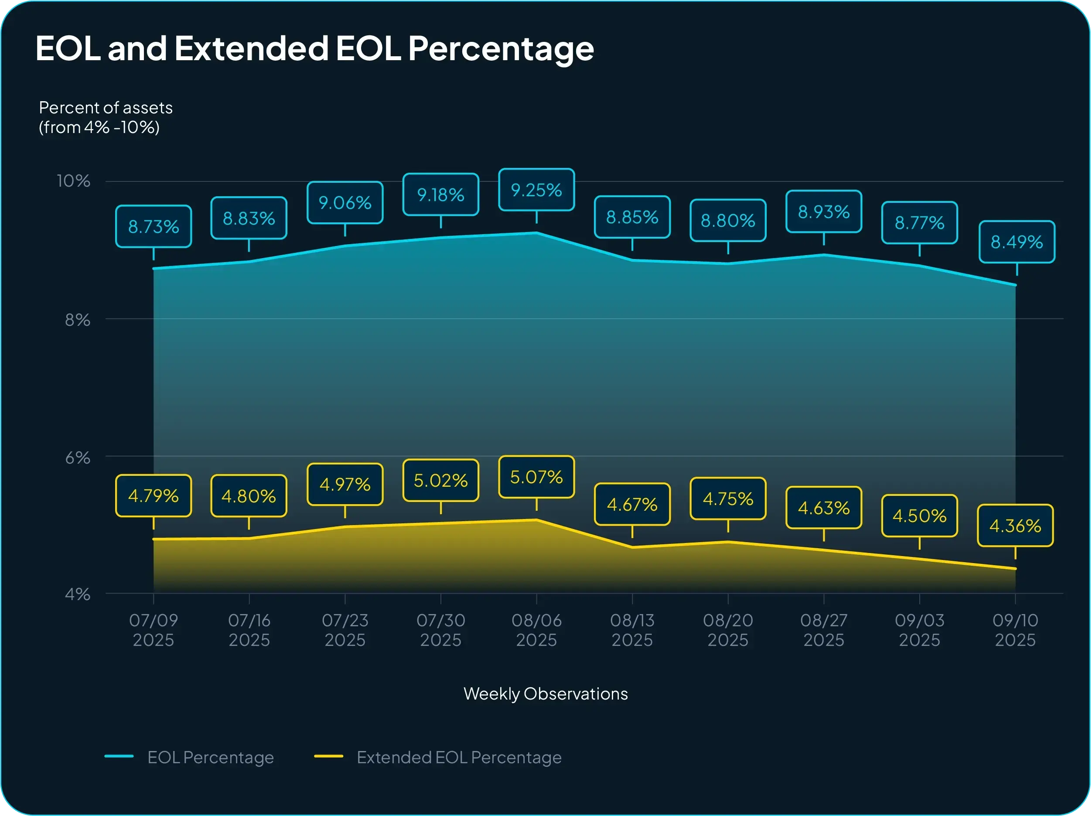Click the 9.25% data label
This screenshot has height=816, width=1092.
click(x=536, y=190)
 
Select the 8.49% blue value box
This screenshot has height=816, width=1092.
click(x=1017, y=242)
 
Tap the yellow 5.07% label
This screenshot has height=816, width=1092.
click(x=536, y=477)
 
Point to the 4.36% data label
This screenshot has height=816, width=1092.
click(x=1015, y=526)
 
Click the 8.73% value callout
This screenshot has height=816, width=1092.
click(x=154, y=227)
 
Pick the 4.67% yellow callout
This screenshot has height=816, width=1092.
click(x=632, y=505)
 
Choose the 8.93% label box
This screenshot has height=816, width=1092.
click(x=823, y=212)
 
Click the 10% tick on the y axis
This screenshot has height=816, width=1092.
click(x=74, y=181)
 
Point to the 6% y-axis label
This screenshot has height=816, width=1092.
click(x=78, y=458)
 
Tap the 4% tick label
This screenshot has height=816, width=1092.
click(x=78, y=594)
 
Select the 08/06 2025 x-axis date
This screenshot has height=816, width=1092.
click(x=536, y=630)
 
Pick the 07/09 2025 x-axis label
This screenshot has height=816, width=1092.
click(x=154, y=630)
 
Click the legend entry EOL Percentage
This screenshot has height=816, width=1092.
click(x=210, y=757)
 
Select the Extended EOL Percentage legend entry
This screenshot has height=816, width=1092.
click(x=459, y=757)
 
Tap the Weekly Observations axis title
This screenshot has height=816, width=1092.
click(x=546, y=693)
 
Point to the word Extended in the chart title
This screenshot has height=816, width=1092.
click(x=251, y=48)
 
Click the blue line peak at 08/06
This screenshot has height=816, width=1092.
click(x=536, y=232)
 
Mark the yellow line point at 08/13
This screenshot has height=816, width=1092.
click(x=632, y=547)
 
